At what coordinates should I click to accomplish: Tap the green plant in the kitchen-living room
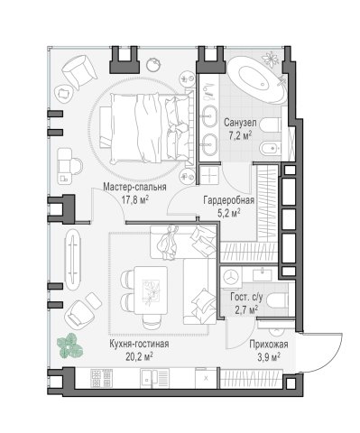point(69,345)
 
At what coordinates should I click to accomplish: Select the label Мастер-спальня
point(134,187)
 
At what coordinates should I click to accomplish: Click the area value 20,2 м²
point(139,357)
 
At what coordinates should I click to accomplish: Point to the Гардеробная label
point(229,200)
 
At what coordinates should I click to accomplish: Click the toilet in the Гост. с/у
point(278,301)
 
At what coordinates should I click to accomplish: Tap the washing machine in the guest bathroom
point(231,276)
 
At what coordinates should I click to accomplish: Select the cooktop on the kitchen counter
point(102,378)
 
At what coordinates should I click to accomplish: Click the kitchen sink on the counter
point(154,379)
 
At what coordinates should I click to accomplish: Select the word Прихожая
point(269,345)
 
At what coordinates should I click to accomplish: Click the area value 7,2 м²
point(240,135)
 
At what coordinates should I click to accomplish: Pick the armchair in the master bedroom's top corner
point(79,71)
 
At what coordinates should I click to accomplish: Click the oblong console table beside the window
point(73,260)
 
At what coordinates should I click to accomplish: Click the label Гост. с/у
point(246,298)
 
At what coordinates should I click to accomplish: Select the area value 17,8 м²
point(135,199)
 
